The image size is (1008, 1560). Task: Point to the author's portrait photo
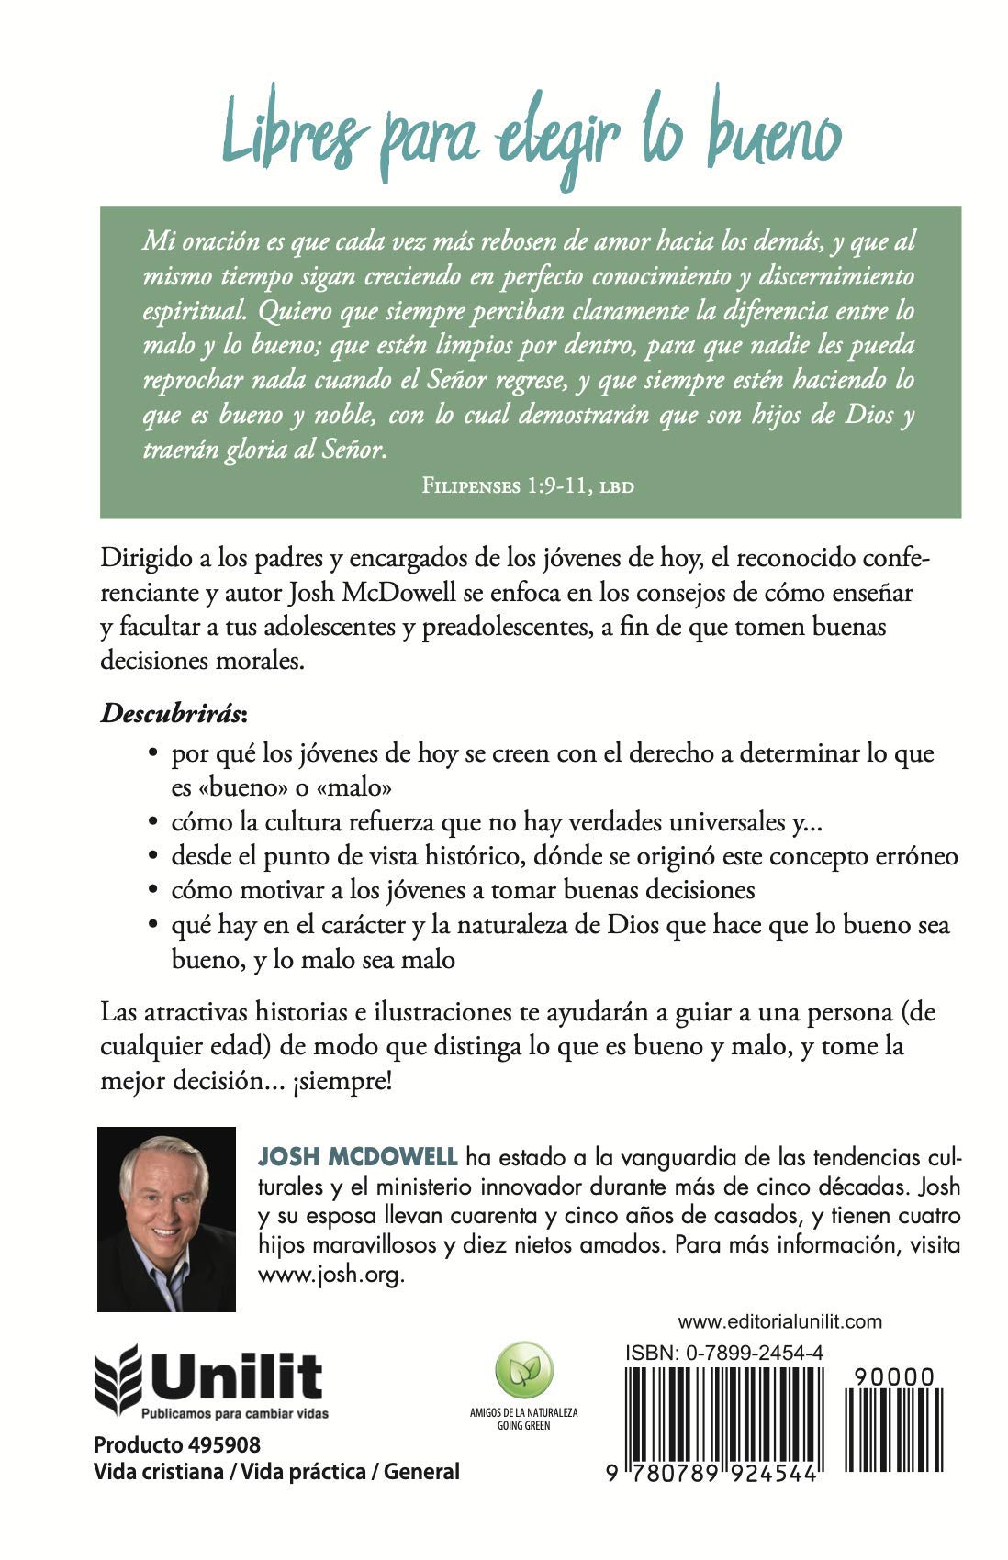click(166, 1219)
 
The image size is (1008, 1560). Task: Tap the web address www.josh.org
click(330, 1276)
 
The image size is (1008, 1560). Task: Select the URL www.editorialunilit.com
click(779, 1322)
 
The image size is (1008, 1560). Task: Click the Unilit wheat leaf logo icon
click(118, 1376)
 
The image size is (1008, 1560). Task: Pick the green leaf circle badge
click(523, 1372)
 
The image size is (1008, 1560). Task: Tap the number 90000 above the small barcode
click(893, 1377)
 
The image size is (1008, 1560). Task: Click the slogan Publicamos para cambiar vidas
click(235, 1414)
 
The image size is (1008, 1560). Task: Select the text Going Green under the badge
click(523, 1426)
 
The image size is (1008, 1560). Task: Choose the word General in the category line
click(421, 1472)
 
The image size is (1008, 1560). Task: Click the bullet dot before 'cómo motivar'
click(154, 891)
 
